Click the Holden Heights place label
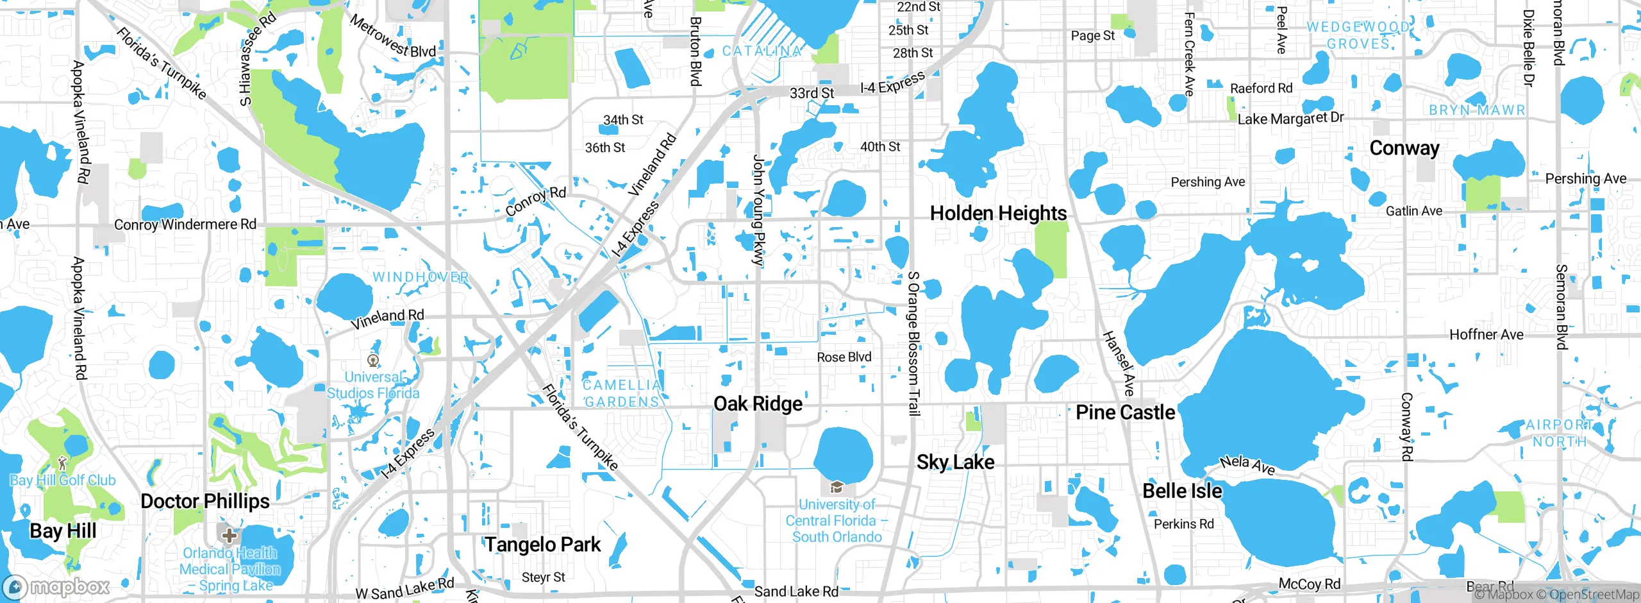(x=998, y=213)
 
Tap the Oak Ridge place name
(x=758, y=403)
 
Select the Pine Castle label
(x=1125, y=412)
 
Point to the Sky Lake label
(x=955, y=462)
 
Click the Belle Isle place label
(x=1182, y=491)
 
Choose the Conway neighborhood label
(x=1404, y=148)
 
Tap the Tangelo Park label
(x=542, y=545)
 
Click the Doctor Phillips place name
(x=205, y=501)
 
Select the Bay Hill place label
(x=63, y=531)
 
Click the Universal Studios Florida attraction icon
(x=373, y=360)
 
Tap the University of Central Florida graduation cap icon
(x=836, y=488)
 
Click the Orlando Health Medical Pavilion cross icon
(x=229, y=534)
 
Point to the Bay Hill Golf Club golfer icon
(x=62, y=463)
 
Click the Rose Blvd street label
(x=844, y=357)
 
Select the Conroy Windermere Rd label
(x=185, y=225)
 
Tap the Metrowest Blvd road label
(x=392, y=36)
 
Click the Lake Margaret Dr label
(x=1290, y=119)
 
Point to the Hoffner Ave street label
(x=1486, y=334)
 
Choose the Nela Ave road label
(x=1247, y=464)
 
